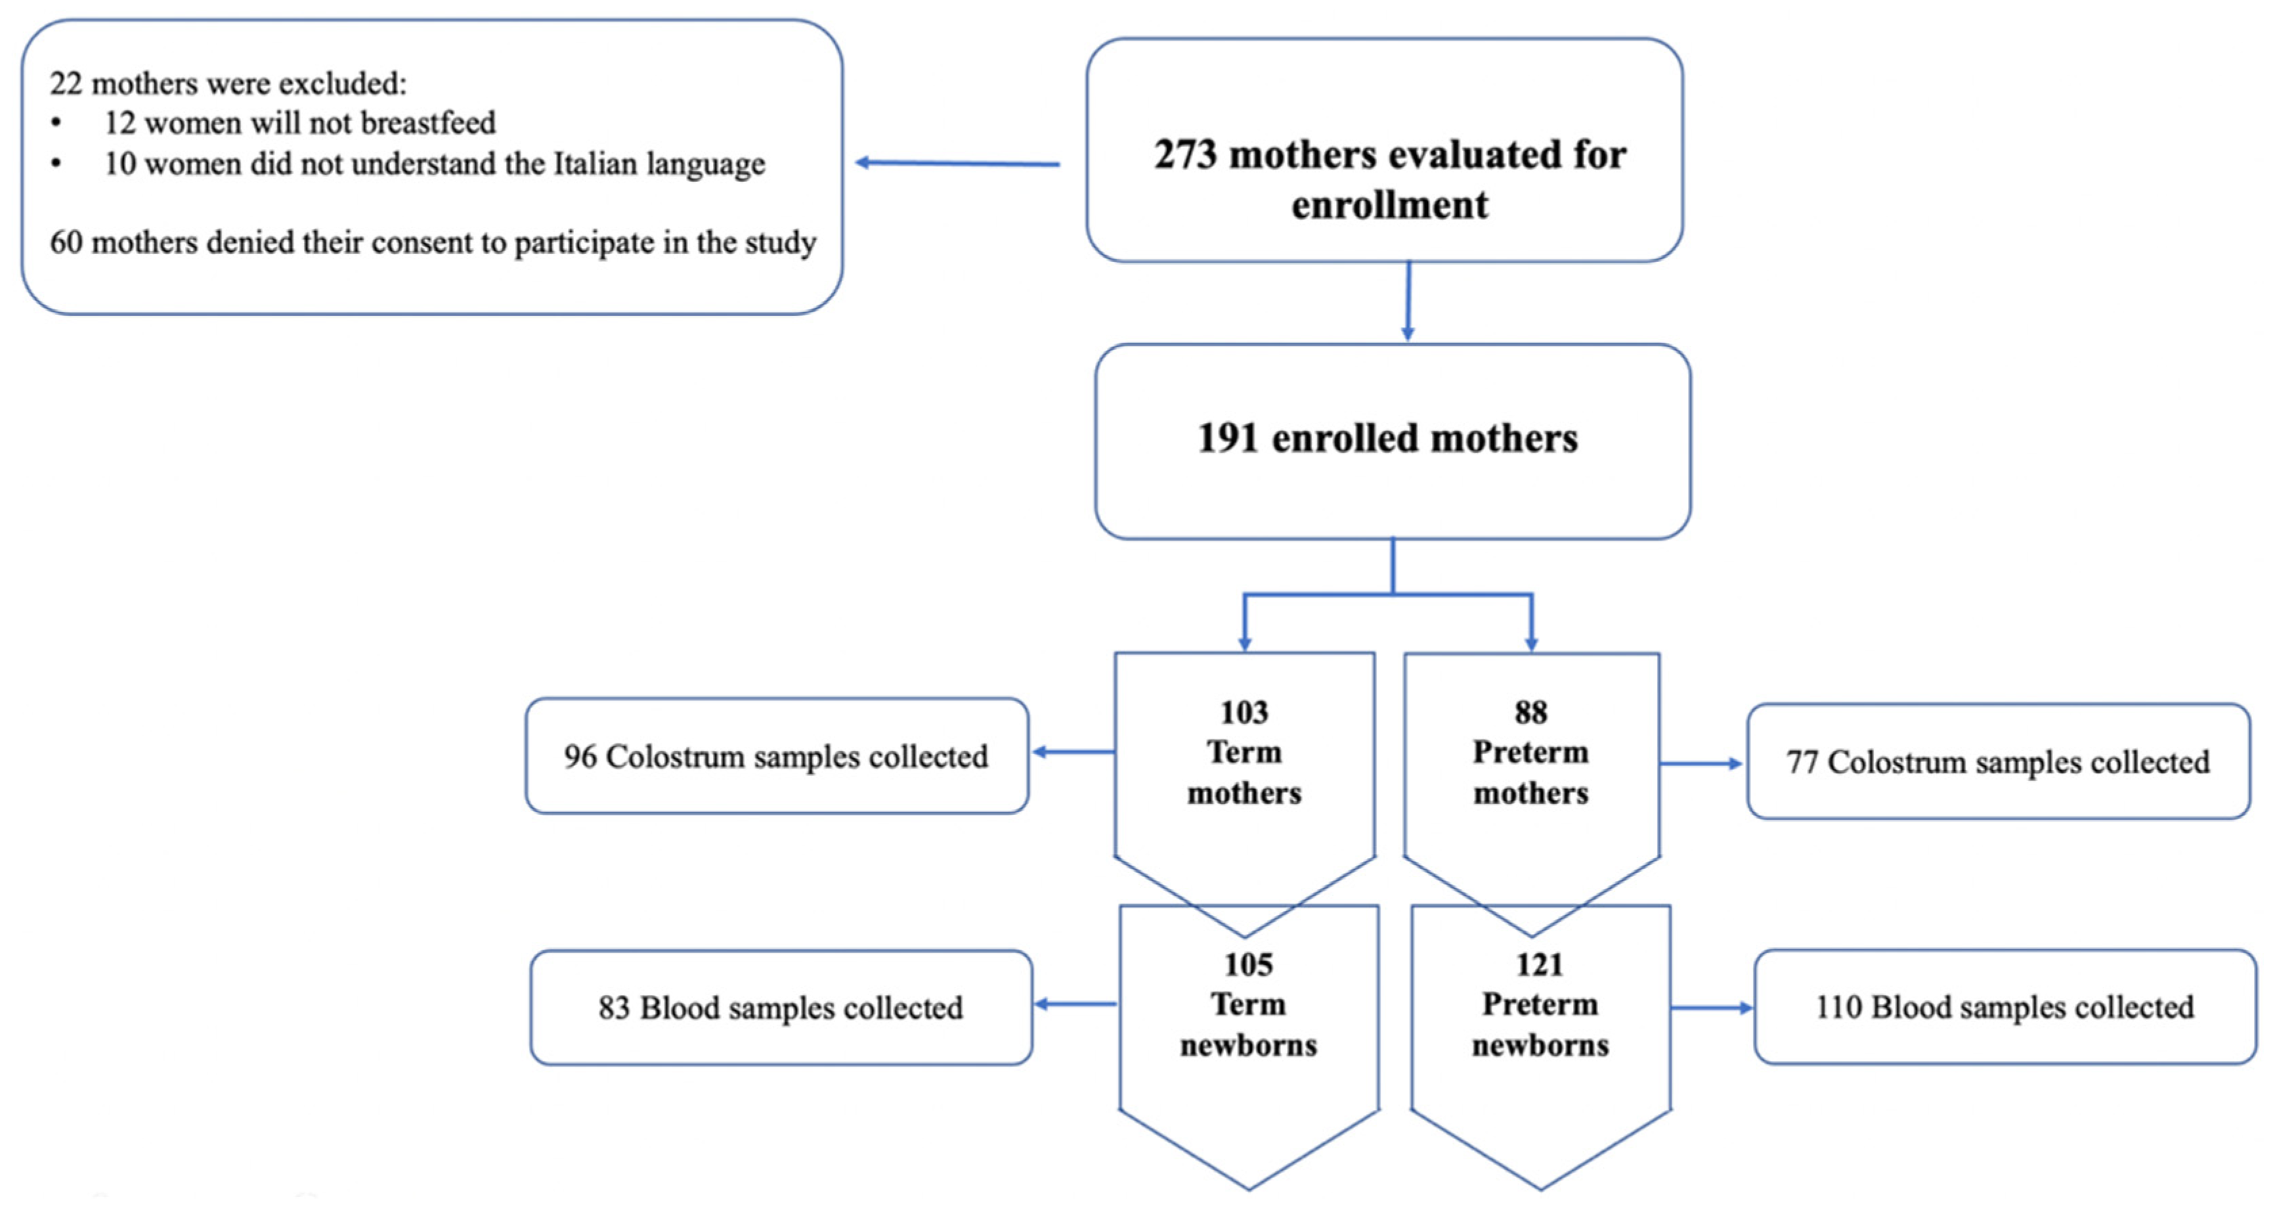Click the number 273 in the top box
tap(1186, 156)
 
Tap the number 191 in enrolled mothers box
tap(1228, 439)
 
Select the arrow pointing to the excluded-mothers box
tap(957, 163)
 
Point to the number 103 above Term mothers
tap(1244, 713)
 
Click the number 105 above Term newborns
tap(1248, 964)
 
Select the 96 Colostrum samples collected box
tap(777, 757)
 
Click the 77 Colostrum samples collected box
tap(1997, 762)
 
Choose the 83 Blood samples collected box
tap(781, 1008)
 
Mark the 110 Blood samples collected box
tap(2005, 1008)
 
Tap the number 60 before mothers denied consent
tap(66, 243)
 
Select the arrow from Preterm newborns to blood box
tap(1712, 1008)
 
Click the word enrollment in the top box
tap(1389, 206)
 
